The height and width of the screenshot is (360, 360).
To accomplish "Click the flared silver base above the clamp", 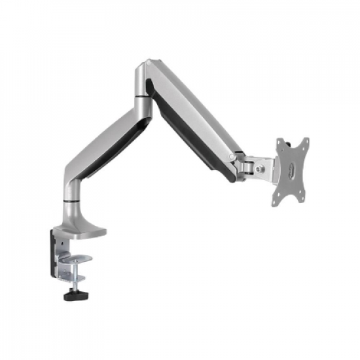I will click(x=82, y=219).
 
